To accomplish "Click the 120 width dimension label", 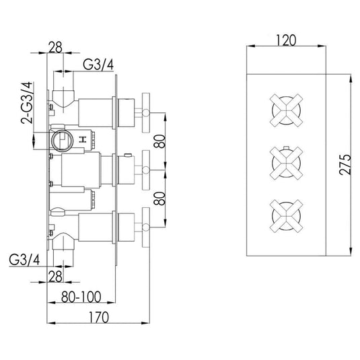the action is click(x=286, y=40).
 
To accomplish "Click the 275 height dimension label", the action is click(x=345, y=165).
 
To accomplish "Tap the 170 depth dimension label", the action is click(x=98, y=317).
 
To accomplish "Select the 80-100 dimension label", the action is click(x=81, y=297).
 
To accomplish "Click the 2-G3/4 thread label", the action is click(x=27, y=103).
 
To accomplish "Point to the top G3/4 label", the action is click(x=98, y=65).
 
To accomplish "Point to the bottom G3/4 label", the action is click(x=24, y=260).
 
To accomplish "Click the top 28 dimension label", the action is click(x=56, y=47).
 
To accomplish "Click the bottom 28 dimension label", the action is click(x=56, y=277).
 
